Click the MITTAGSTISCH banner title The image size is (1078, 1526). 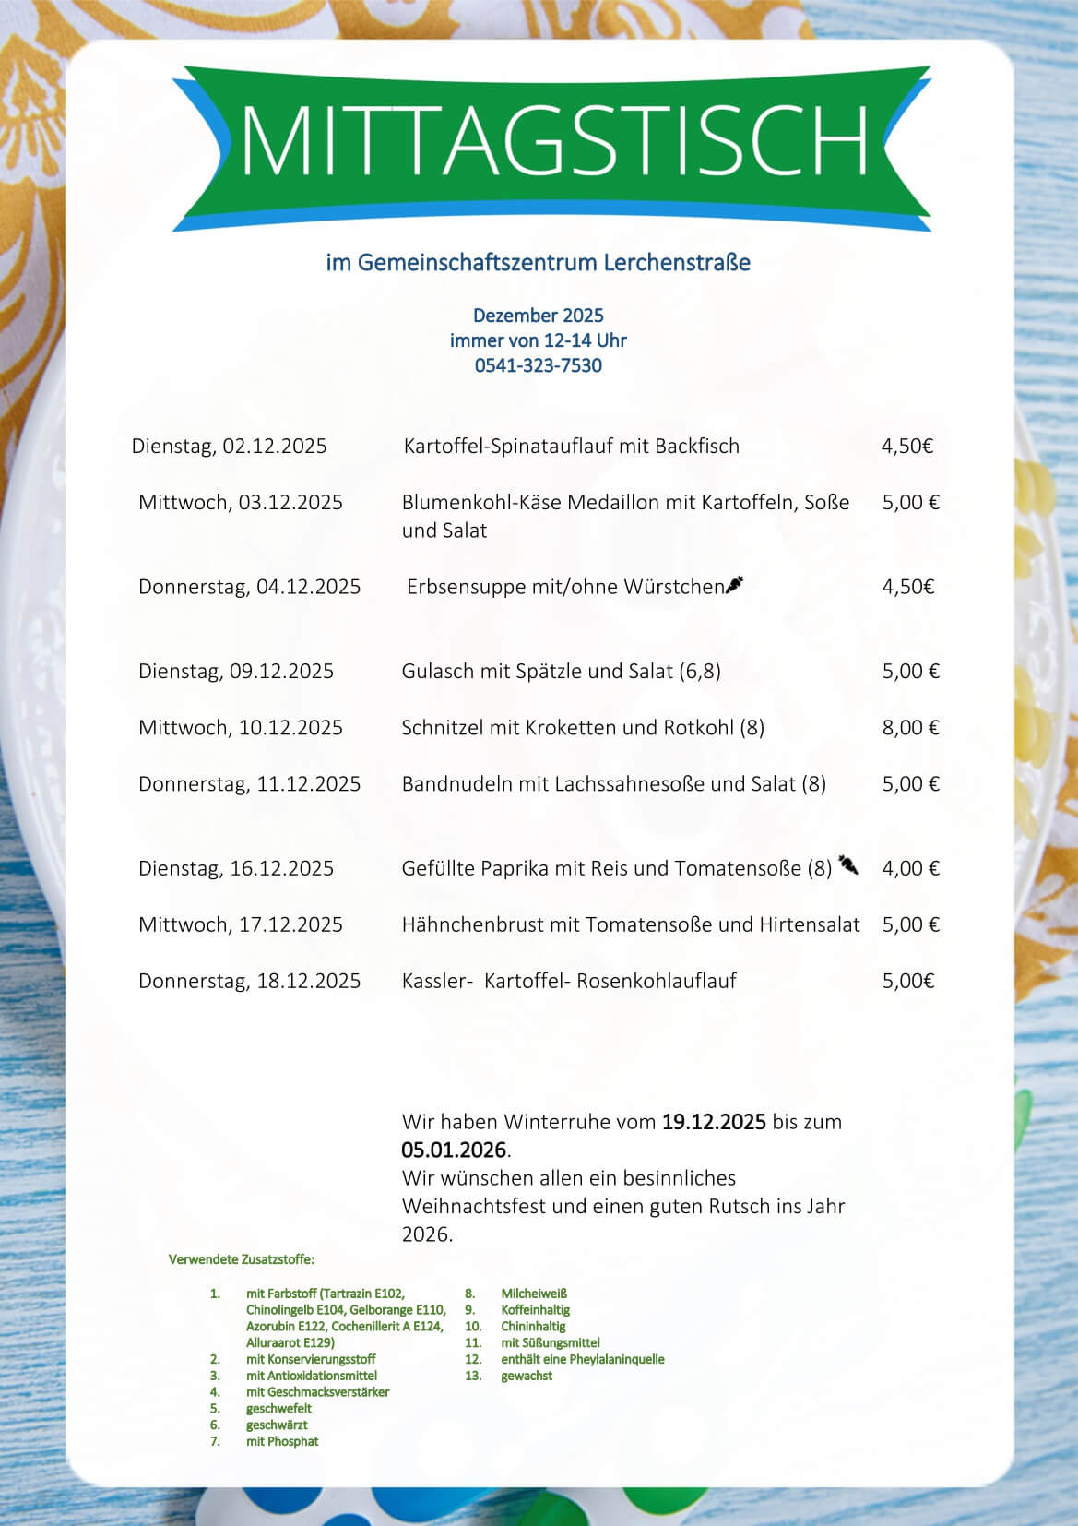553,139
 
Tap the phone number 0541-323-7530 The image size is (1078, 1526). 538,365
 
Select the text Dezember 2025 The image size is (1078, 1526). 538,315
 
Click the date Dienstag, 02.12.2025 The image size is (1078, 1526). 229,447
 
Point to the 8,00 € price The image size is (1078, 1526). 910,728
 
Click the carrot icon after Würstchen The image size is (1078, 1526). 736,584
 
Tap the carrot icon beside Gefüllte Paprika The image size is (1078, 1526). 848,864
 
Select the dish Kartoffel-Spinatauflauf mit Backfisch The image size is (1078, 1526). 571,447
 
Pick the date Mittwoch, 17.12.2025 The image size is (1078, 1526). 240,924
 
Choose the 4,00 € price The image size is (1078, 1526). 910,868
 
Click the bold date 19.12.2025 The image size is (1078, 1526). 714,1122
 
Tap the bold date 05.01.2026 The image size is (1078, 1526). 454,1150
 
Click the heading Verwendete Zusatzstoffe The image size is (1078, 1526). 241,1259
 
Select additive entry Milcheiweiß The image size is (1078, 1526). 534,1294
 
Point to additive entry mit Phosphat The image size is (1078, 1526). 282,1441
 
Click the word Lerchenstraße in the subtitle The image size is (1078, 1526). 677,263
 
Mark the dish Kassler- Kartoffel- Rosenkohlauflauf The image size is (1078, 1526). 569,981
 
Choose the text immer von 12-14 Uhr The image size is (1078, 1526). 538,340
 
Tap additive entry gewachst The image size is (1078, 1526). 527,1376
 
